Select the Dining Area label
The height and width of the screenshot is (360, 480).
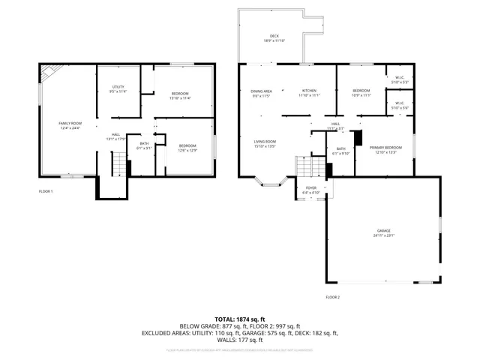(x=261, y=93)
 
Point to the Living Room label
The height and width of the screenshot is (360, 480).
(x=264, y=144)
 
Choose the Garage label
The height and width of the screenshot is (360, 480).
(x=383, y=232)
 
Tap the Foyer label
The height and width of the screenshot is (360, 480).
(x=310, y=190)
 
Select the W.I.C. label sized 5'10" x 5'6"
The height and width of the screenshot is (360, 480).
(x=399, y=106)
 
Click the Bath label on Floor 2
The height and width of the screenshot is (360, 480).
(x=340, y=151)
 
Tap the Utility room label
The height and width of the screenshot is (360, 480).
(x=118, y=89)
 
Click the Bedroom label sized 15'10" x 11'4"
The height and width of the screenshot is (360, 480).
(x=180, y=95)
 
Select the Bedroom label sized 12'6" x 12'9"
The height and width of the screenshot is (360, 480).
(x=187, y=148)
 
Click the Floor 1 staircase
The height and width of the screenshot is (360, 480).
(x=118, y=162)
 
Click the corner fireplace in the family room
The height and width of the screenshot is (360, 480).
(x=49, y=73)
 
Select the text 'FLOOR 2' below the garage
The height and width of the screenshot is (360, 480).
(x=332, y=298)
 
